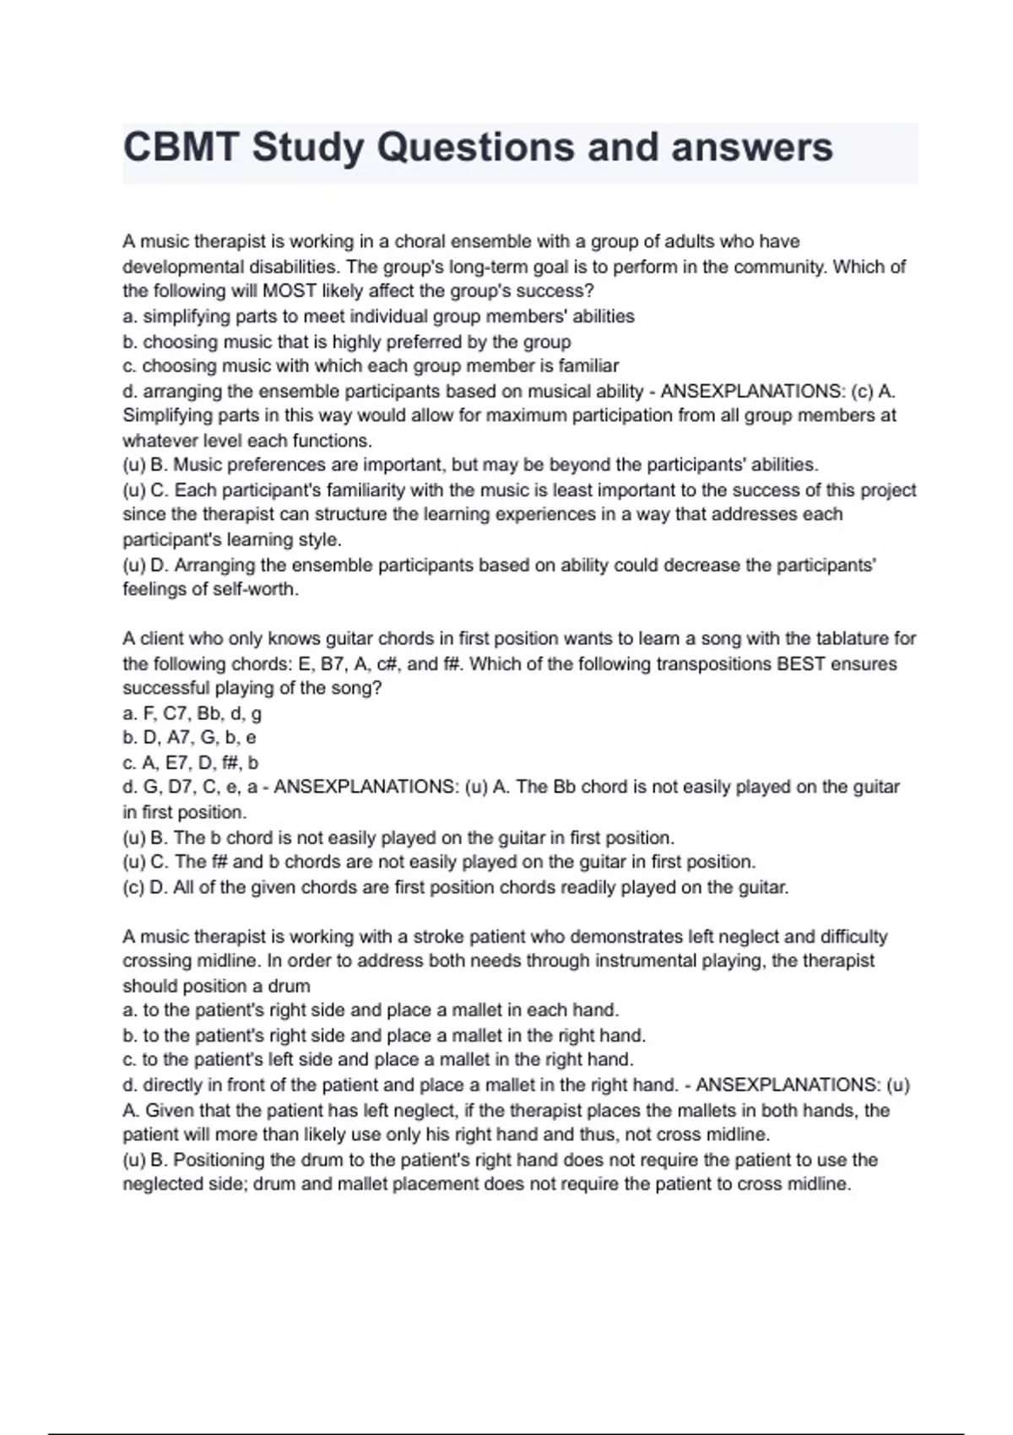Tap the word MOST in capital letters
[290, 291]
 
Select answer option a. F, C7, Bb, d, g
[192, 713]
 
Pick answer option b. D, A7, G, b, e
[190, 738]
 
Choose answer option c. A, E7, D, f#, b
[191, 762]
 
